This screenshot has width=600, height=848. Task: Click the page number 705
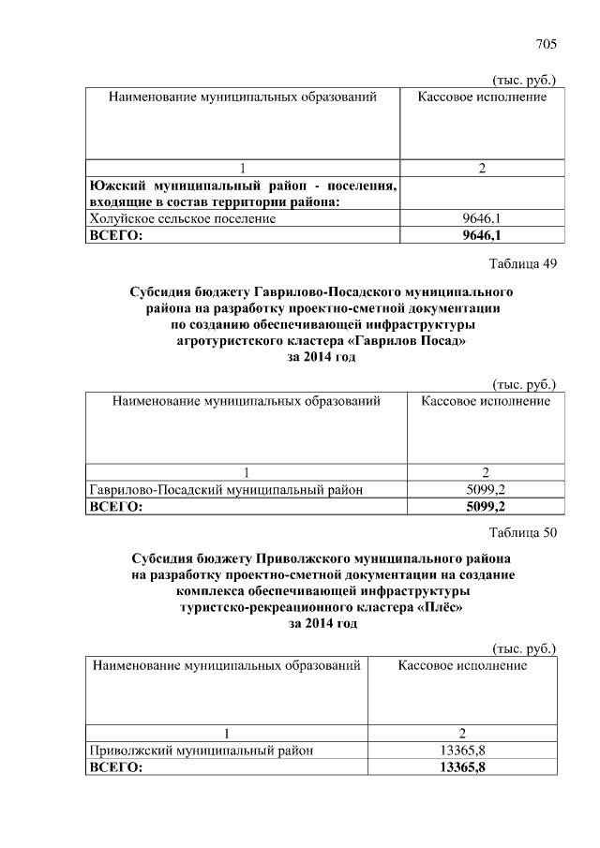(547, 44)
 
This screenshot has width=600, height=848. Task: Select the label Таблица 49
(524, 263)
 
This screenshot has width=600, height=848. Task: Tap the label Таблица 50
(524, 533)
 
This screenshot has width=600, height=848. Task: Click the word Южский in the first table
(117, 186)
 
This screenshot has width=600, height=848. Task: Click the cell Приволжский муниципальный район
(200, 750)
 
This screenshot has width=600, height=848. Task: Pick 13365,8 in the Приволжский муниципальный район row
(462, 750)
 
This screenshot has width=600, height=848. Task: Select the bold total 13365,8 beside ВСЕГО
(462, 767)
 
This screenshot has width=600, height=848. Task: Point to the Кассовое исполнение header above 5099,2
(486, 401)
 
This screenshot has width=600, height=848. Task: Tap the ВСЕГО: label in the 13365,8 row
(115, 767)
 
